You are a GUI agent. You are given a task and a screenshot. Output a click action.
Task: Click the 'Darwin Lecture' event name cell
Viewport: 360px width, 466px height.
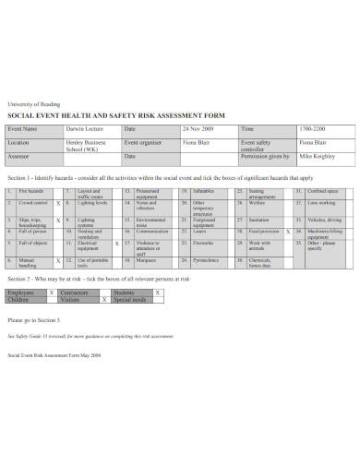(x=84, y=129)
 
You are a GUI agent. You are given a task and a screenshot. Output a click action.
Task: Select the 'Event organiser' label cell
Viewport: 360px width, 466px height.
(x=145, y=143)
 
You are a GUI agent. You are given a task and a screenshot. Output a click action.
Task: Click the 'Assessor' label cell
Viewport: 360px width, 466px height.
(x=20, y=158)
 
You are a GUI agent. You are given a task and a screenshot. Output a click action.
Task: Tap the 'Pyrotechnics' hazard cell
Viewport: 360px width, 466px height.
(x=207, y=259)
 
